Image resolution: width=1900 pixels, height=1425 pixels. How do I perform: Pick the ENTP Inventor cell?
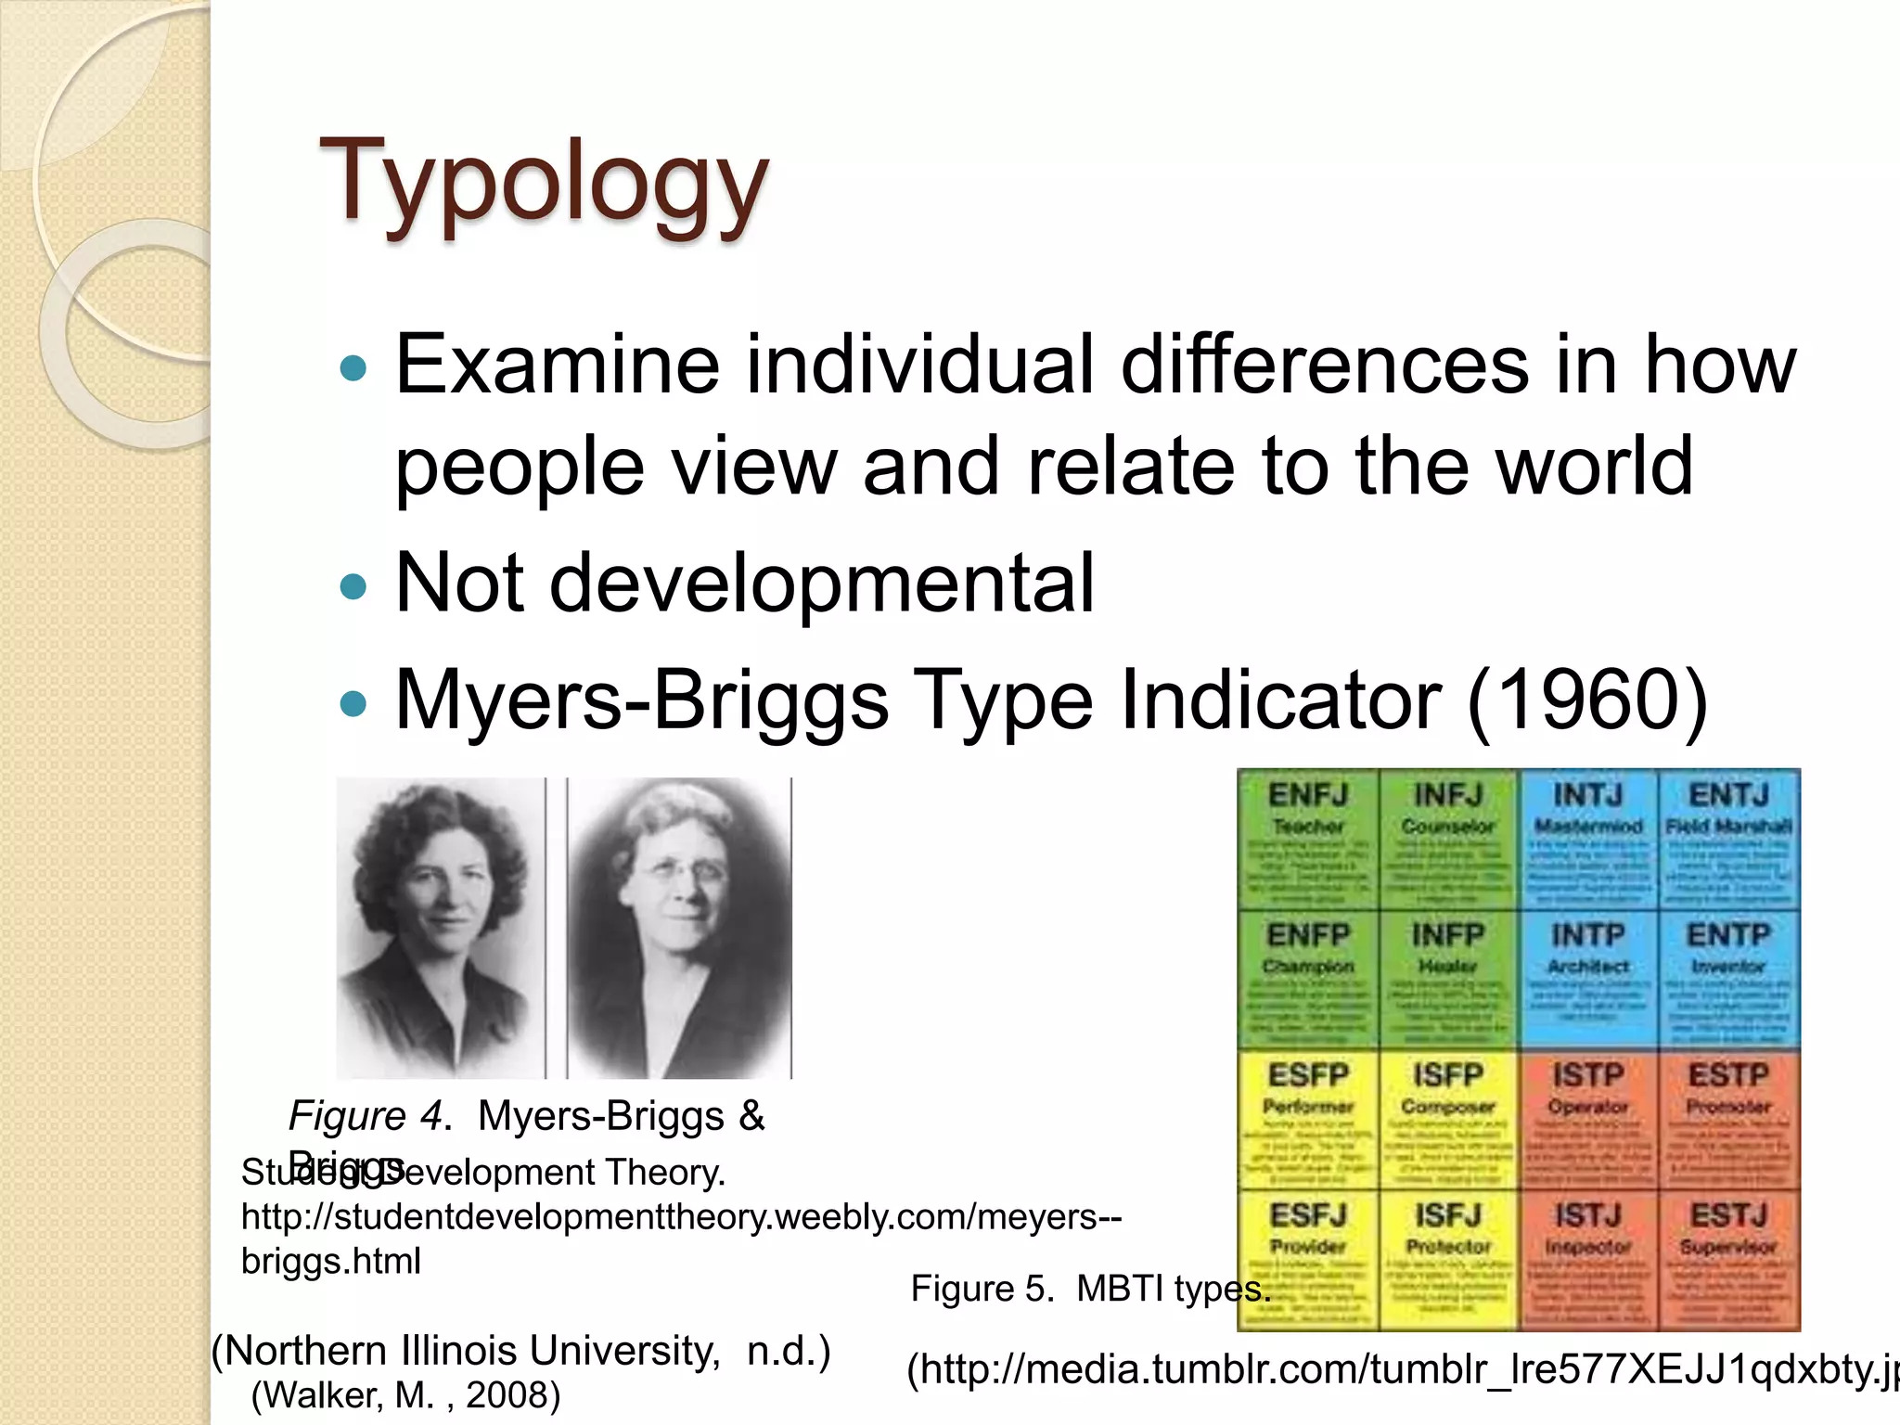click(1728, 980)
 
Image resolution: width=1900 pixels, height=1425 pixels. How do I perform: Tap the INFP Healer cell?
click(1448, 980)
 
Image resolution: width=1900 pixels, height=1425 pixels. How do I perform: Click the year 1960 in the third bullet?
click(1587, 700)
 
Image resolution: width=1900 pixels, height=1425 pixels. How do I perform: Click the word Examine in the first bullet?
click(558, 364)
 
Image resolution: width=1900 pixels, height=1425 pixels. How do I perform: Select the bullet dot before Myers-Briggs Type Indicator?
click(353, 704)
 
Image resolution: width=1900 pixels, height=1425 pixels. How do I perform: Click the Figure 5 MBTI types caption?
click(1089, 1289)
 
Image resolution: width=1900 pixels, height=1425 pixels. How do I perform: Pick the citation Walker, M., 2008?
click(405, 1395)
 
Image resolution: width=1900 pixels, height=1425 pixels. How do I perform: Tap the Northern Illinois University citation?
click(520, 1351)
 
